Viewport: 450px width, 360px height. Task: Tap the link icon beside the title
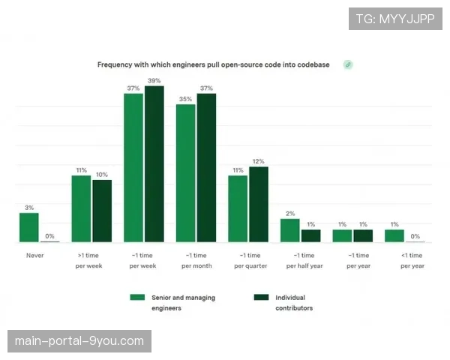(347, 64)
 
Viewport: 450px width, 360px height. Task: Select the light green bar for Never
(28, 227)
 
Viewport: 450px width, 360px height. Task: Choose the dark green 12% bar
(259, 204)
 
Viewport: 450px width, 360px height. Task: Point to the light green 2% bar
(290, 230)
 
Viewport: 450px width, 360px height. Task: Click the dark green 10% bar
(102, 211)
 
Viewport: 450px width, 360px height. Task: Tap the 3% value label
(28, 208)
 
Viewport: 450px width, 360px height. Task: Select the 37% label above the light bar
(133, 88)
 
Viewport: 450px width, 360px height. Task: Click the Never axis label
(34, 255)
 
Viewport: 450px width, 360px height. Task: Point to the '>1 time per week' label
(90, 260)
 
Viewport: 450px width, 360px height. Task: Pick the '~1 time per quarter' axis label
(247, 260)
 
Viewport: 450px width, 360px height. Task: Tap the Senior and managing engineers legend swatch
(136, 298)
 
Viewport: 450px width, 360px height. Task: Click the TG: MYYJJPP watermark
(395, 19)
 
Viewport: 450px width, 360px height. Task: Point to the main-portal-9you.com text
(79, 341)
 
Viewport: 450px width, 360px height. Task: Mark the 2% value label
(290, 214)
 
